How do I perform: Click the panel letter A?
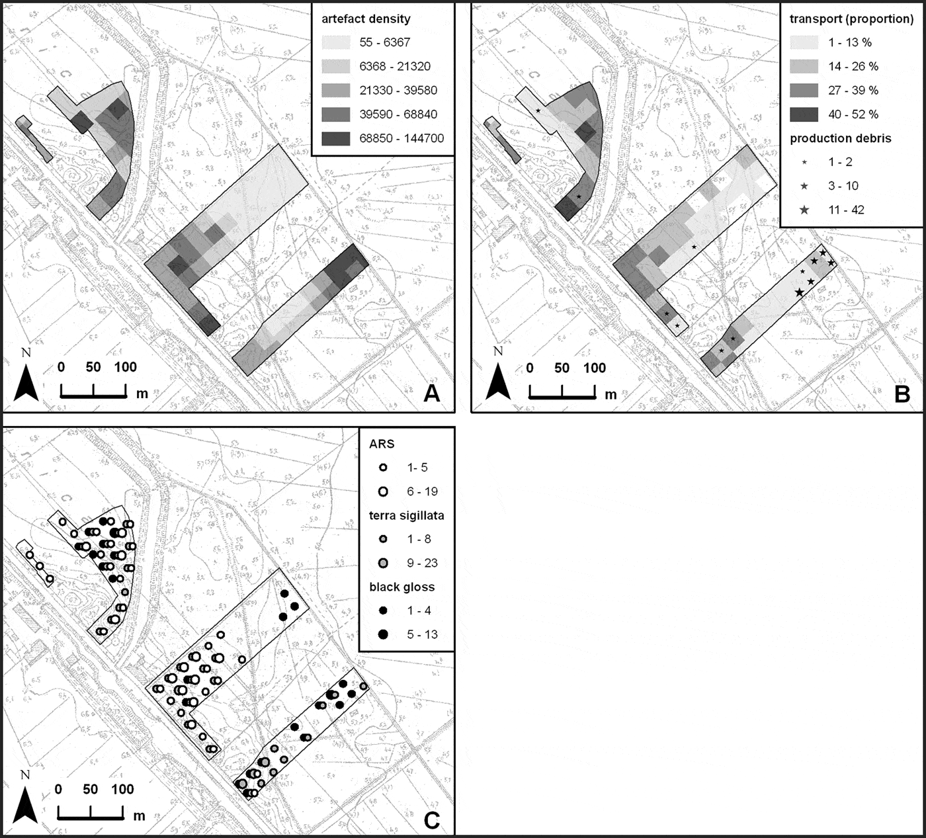click(431, 394)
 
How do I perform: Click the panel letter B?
click(902, 394)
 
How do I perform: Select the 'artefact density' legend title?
click(366, 19)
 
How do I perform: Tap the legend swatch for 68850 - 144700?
click(337, 138)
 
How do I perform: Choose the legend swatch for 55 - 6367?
click(337, 42)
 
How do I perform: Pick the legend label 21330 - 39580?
click(398, 90)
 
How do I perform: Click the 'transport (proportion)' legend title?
click(851, 19)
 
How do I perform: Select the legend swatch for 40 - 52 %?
click(804, 114)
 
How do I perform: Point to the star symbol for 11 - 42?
click(804, 210)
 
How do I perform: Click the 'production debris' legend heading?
click(840, 138)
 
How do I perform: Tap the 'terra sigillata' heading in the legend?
click(406, 515)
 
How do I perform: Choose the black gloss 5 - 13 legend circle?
click(383, 634)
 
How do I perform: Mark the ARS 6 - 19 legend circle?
click(383, 491)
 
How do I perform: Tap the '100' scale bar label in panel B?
click(595, 368)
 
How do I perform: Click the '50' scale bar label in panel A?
click(93, 367)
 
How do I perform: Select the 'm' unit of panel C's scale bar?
click(139, 816)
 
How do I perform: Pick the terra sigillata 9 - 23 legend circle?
click(383, 563)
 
